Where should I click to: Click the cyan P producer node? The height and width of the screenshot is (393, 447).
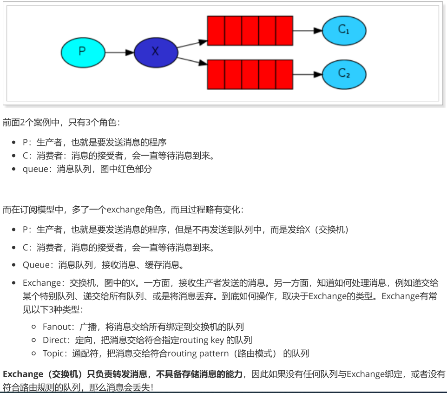click(82, 52)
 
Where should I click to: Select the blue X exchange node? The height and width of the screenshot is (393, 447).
click(156, 52)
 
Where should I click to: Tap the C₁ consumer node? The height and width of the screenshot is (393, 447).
click(344, 30)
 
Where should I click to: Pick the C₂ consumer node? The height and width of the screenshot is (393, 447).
click(344, 74)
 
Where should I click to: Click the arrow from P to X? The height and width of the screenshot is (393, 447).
click(119, 52)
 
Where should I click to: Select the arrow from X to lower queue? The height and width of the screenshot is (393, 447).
click(192, 61)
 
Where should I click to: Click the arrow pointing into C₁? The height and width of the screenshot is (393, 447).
click(307, 31)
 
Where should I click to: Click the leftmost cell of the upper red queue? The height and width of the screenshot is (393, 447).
click(216, 31)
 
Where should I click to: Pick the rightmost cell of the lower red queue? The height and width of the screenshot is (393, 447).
click(284, 74)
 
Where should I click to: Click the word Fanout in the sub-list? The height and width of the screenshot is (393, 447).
click(56, 327)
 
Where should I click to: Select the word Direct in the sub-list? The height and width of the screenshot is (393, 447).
click(55, 340)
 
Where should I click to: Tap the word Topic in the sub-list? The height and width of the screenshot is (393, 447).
click(53, 354)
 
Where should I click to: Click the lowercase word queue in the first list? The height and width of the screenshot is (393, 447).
click(35, 169)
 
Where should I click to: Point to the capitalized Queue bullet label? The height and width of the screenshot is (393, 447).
click(36, 265)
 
